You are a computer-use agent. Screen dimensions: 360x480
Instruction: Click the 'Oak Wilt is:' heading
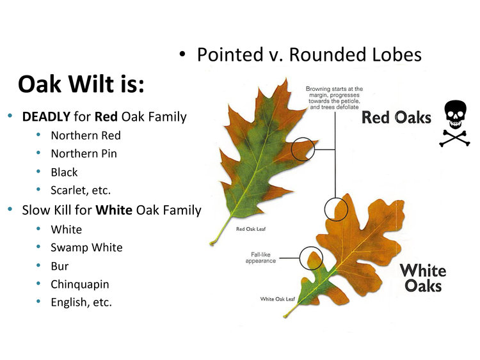click(x=81, y=84)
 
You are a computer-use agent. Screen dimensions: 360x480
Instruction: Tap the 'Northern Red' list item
click(x=86, y=136)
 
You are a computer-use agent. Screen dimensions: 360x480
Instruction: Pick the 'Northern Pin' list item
click(x=84, y=153)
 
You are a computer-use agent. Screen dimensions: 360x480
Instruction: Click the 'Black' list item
click(x=64, y=172)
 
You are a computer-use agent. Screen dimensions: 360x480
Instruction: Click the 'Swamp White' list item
click(x=86, y=247)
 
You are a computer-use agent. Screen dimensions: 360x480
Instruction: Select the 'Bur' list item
click(x=60, y=265)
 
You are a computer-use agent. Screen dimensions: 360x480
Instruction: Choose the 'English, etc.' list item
click(x=81, y=302)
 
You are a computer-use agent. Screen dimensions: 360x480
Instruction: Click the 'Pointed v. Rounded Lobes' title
click(x=308, y=55)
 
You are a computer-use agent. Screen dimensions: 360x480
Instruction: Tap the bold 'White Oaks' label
click(x=424, y=277)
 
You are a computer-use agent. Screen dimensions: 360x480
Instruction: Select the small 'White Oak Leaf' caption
click(x=278, y=299)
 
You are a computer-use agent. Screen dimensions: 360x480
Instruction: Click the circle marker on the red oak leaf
click(x=303, y=149)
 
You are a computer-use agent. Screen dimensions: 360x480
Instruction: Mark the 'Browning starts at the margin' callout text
click(x=334, y=98)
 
